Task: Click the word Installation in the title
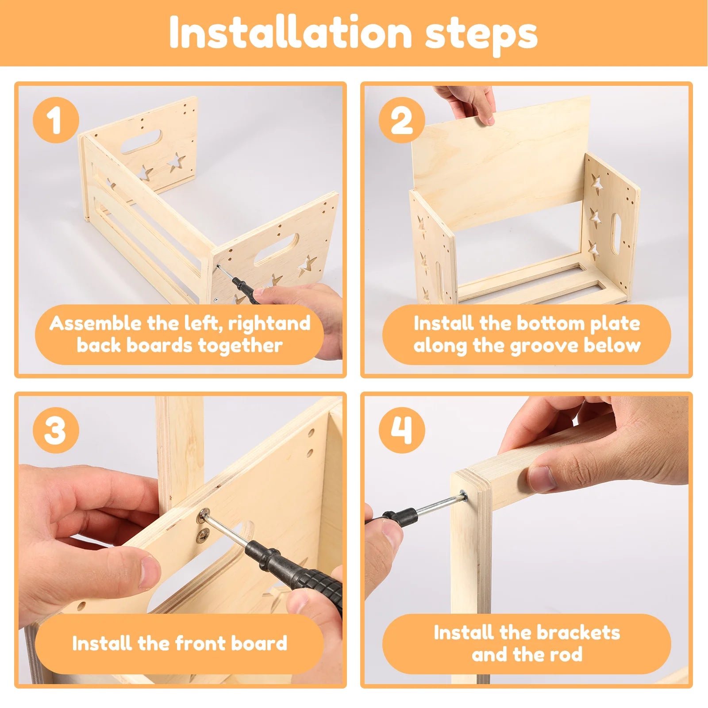coord(291,33)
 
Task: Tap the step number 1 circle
coord(56,120)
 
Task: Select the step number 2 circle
coord(402,120)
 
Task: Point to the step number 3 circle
coord(56,430)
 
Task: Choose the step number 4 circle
coord(402,430)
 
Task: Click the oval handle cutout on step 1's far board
coord(141,142)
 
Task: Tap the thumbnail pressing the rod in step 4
coord(541,479)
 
